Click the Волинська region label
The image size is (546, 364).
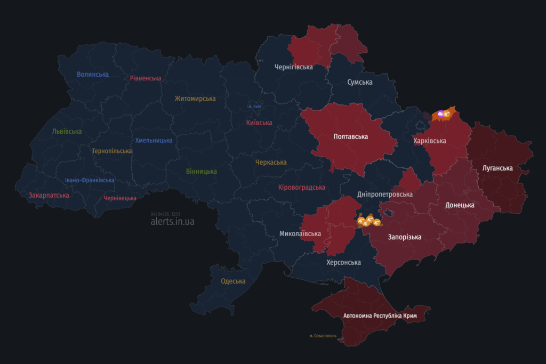click(x=93, y=74)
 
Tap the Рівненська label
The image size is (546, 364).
click(x=146, y=78)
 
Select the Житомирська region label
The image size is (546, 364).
click(x=195, y=99)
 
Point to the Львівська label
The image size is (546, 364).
click(x=67, y=131)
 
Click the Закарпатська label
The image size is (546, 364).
click(x=49, y=195)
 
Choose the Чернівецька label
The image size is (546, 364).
click(x=120, y=198)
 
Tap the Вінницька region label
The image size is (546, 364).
click(x=202, y=171)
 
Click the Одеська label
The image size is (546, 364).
click(x=233, y=281)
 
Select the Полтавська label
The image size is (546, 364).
click(x=350, y=136)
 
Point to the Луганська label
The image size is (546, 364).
click(x=497, y=168)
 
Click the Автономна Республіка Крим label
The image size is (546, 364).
click(x=380, y=316)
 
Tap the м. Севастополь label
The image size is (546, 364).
click(x=323, y=336)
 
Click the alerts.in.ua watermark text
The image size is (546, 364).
click(x=172, y=221)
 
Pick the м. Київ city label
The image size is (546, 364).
click(x=255, y=106)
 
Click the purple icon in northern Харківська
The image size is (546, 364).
click(x=440, y=113)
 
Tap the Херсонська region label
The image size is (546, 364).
click(x=343, y=262)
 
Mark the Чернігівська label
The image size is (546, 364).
click(x=293, y=67)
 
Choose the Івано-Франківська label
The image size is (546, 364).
click(x=90, y=180)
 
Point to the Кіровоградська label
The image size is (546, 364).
click(x=302, y=187)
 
